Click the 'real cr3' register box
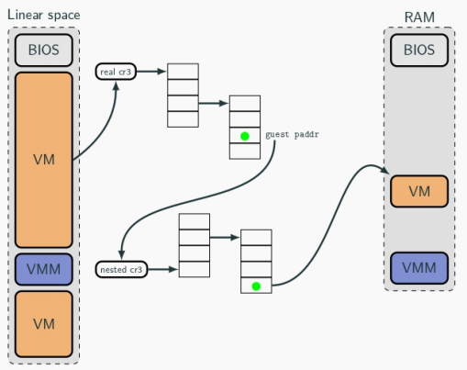coord(116,72)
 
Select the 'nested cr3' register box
coord(121,269)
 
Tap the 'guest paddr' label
coord(292,135)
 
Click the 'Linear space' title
coord(44,15)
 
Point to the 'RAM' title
coord(419,17)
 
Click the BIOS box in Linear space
coord(44,50)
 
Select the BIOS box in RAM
coord(419,50)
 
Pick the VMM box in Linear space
coord(44,269)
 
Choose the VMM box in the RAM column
coord(419,268)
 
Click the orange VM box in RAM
coord(419,191)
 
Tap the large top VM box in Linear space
coord(44,160)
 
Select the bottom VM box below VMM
coord(44,324)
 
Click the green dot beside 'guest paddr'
coord(245,136)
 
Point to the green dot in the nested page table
coord(256,286)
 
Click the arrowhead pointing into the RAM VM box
coord(385,171)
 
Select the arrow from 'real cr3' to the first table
coord(151,72)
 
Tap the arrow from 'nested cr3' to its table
coord(162,269)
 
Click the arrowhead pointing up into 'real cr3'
coord(117,86)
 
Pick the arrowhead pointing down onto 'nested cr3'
coord(122,254)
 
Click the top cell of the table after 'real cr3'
coord(183,72)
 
